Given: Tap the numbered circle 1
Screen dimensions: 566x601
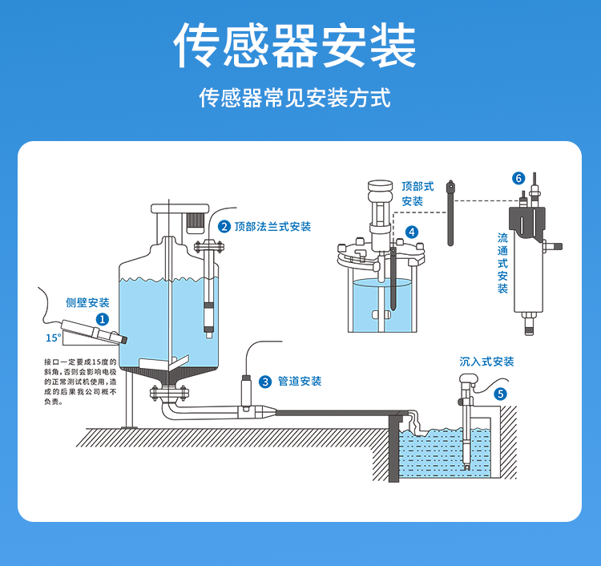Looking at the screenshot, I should (103, 318).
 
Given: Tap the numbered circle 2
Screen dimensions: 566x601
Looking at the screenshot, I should (224, 227).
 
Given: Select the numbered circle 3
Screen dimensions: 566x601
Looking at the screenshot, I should (265, 382).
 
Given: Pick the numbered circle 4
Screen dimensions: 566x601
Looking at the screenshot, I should (412, 232).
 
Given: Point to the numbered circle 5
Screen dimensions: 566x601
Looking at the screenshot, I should (501, 394).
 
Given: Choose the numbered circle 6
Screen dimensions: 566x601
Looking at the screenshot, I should (518, 177).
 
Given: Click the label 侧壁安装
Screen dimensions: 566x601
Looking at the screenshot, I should (87, 303).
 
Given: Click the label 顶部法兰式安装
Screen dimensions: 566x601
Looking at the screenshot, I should (272, 227).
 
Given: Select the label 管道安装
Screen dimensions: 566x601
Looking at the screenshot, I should (300, 382).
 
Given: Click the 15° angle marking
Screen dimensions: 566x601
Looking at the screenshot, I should (53, 338).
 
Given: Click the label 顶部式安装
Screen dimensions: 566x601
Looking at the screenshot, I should (417, 193).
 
